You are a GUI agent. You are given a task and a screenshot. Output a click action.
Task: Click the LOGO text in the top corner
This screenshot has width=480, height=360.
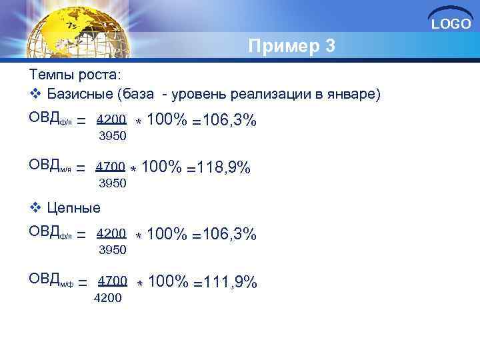[x=451, y=24]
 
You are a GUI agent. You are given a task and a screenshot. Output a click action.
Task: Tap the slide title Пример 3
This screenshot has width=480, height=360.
[x=291, y=47]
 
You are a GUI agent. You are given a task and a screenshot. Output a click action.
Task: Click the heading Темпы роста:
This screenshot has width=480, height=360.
[x=74, y=74]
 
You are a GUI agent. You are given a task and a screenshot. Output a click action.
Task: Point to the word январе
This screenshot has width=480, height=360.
[x=353, y=94]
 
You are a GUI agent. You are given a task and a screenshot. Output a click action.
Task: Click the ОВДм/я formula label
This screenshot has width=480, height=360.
[x=49, y=167]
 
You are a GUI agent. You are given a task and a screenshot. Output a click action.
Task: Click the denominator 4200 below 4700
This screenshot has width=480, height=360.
[x=108, y=298]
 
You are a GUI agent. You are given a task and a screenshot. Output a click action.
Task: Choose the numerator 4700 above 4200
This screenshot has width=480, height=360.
[x=113, y=281]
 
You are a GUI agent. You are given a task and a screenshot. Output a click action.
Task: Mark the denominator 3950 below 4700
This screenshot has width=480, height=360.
[x=112, y=183]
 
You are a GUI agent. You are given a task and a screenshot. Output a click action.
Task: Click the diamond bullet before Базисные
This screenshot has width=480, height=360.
[x=35, y=94]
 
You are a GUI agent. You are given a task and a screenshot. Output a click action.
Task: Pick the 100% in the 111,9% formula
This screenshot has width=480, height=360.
[x=168, y=282]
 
